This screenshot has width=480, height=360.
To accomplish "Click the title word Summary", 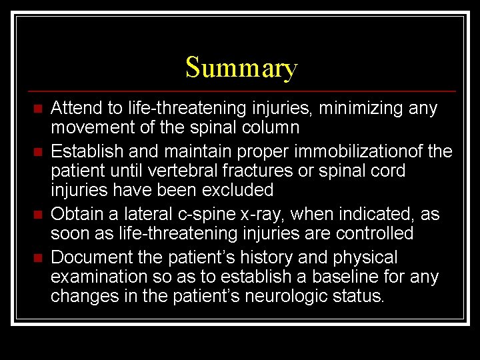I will click(241, 68).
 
